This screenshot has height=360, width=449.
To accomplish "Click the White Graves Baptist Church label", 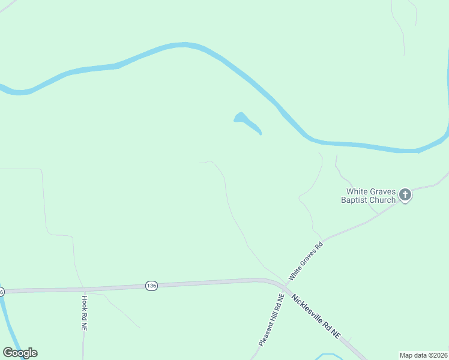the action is click(x=368, y=194).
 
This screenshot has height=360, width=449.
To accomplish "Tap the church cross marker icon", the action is click(x=405, y=194).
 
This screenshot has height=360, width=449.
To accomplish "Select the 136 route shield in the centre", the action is click(x=151, y=286).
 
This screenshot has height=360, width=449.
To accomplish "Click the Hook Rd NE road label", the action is click(x=85, y=314).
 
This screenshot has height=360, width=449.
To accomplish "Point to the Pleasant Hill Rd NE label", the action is click(x=271, y=320).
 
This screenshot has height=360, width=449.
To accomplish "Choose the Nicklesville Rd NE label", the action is click(x=316, y=316).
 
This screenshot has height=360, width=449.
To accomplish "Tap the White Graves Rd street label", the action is click(x=306, y=261).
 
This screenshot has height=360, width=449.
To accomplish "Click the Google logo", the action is click(x=20, y=353).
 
